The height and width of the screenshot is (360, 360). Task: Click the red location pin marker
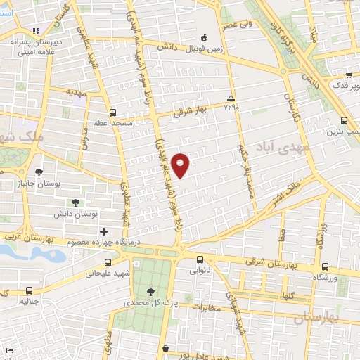(181, 165)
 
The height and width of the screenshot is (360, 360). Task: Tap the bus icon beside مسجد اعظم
(112, 112)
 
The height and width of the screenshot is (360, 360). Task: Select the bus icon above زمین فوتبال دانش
(204, 37)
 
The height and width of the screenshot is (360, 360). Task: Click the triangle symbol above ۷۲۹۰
(231, 97)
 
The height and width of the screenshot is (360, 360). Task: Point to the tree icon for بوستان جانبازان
(38, 172)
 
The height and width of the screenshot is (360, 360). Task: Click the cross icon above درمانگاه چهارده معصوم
(103, 231)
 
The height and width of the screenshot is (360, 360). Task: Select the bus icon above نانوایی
(200, 258)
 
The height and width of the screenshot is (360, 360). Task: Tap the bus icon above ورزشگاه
(324, 267)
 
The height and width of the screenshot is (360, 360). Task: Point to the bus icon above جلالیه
(28, 290)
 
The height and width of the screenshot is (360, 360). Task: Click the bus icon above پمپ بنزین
(342, 120)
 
